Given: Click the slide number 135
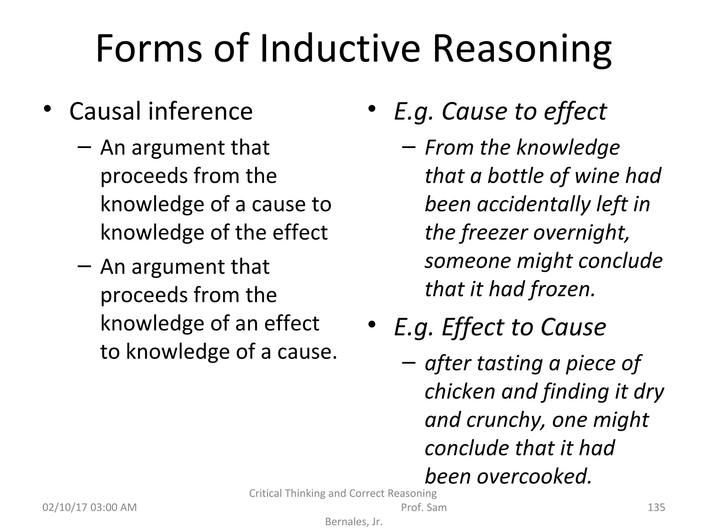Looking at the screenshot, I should click(656, 507).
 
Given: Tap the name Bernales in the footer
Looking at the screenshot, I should click(346, 522).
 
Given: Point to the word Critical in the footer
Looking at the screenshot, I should click(266, 493).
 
